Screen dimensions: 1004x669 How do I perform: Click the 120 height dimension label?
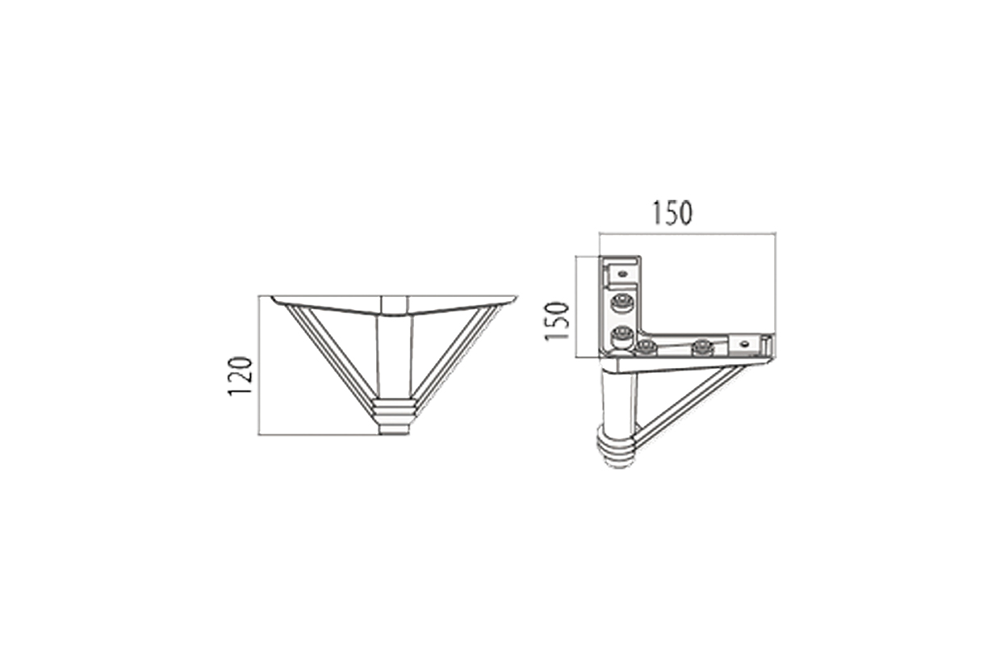pos(241,375)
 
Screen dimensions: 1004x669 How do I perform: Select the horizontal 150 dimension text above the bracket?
pos(671,213)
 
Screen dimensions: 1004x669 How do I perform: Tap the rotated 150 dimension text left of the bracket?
pos(557,321)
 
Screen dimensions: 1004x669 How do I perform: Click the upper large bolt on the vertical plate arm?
pos(621,303)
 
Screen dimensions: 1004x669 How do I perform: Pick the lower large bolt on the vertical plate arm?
pos(621,335)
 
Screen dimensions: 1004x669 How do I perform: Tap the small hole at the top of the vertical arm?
pos(622,274)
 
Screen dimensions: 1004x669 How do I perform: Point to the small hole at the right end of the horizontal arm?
pos(744,344)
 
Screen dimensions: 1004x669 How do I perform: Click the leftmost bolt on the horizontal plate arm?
pos(646,348)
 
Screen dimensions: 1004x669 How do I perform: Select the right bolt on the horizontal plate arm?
pos(702,348)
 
